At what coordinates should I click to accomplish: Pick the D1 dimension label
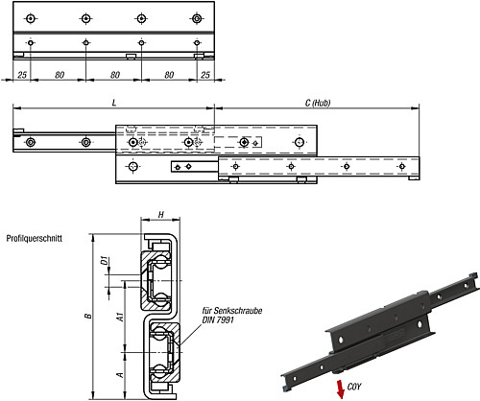(103, 260)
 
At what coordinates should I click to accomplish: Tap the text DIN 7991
(217, 319)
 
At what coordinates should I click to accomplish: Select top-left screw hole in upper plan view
(31, 17)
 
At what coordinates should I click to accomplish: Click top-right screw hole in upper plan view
(197, 17)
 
